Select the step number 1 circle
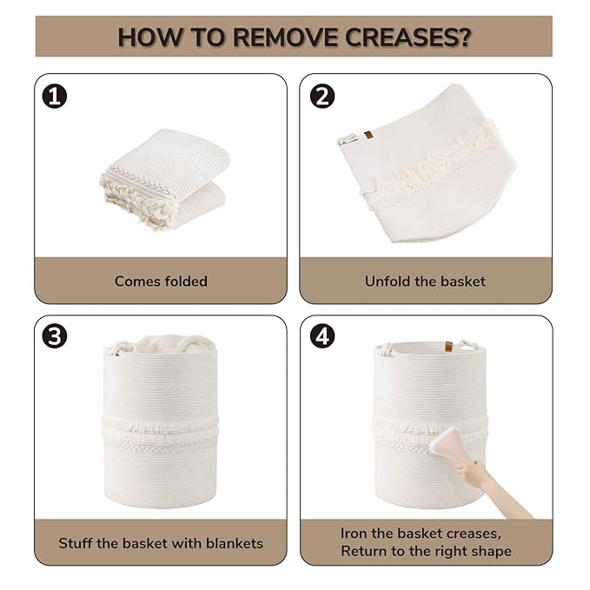pyautogui.click(x=55, y=96)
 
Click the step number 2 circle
pyautogui.click(x=322, y=96)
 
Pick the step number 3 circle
pyautogui.click(x=55, y=336)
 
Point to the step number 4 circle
pyautogui.click(x=322, y=336)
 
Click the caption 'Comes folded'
pyautogui.click(x=161, y=281)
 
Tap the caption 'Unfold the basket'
pyautogui.click(x=425, y=281)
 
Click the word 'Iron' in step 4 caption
pyautogui.click(x=354, y=534)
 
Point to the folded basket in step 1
pyautogui.click(x=165, y=179)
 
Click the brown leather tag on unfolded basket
pyautogui.click(x=368, y=135)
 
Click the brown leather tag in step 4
pyautogui.click(x=449, y=346)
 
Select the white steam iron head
pyautogui.click(x=446, y=441)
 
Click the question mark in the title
pyautogui.click(x=465, y=36)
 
